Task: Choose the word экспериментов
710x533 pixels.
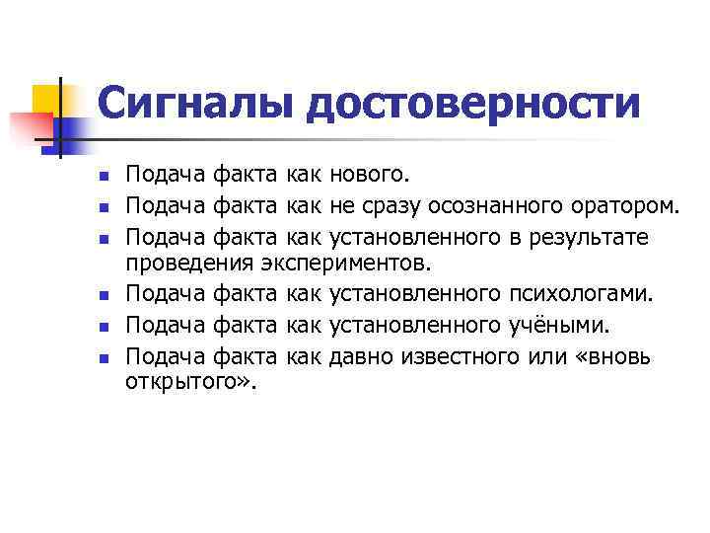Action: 344,263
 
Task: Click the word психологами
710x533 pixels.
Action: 575,294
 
